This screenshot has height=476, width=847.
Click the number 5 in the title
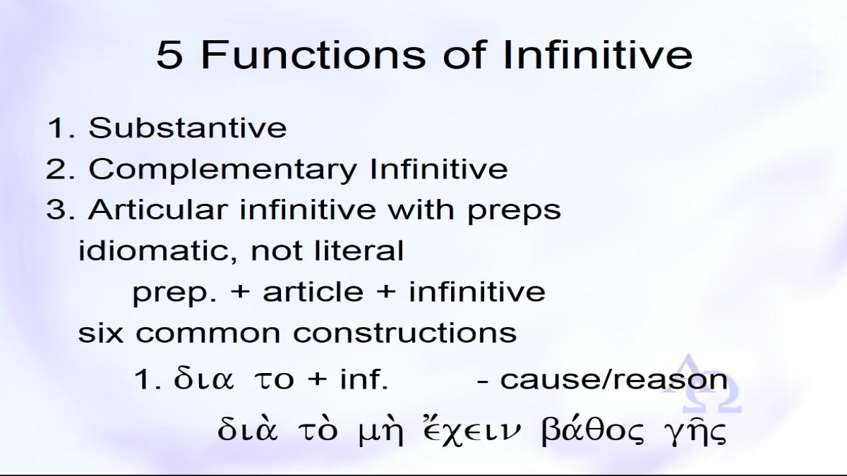pos(170,55)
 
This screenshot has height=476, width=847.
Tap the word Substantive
pos(188,128)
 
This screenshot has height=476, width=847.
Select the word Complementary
pos(223,170)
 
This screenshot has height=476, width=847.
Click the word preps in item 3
pos(515,212)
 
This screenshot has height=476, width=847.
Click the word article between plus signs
pos(313,292)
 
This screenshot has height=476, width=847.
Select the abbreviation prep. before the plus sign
pos(175,294)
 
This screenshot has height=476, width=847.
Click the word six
pos(100,332)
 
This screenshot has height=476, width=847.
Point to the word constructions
pos(405,333)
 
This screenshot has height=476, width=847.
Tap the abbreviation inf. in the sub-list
pos(364,379)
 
